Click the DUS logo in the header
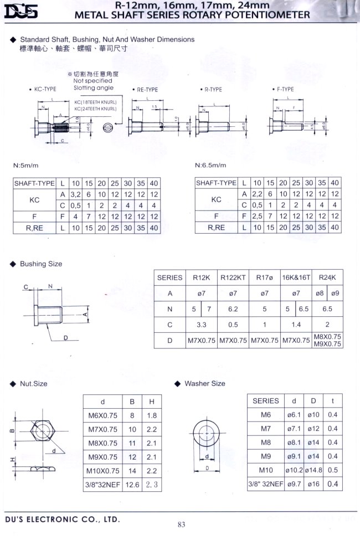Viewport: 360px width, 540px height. pyautogui.click(x=21, y=11)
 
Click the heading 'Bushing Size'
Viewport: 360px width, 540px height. pyautogui.click(x=40, y=264)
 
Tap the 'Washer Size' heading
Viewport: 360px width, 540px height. pyautogui.click(x=205, y=383)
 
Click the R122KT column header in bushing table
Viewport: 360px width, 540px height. pyautogui.click(x=233, y=277)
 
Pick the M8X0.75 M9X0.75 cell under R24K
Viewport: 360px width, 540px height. pyautogui.click(x=327, y=340)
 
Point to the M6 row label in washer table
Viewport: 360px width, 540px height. pyautogui.click(x=266, y=415)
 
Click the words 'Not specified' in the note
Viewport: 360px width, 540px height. pyautogui.click(x=92, y=81)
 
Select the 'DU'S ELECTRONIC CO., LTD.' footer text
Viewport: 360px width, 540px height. pyautogui.click(x=62, y=520)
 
